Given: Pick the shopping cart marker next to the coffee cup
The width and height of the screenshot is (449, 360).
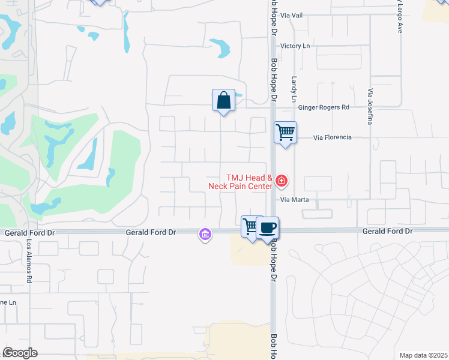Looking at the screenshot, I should point(251,227).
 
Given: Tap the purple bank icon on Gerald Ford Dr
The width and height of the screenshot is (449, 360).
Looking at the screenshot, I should point(205,234).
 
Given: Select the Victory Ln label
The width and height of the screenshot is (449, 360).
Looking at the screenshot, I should point(295,46).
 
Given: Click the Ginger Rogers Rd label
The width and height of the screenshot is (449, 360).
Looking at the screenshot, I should point(324,107).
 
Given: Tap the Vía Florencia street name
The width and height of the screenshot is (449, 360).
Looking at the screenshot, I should point(333,137).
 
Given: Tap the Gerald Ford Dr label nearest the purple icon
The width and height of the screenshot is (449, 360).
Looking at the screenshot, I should point(151,232).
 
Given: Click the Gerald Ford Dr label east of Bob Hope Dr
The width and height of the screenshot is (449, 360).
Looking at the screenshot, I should point(388,231).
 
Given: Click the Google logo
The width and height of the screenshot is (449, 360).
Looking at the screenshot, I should point(20,353).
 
